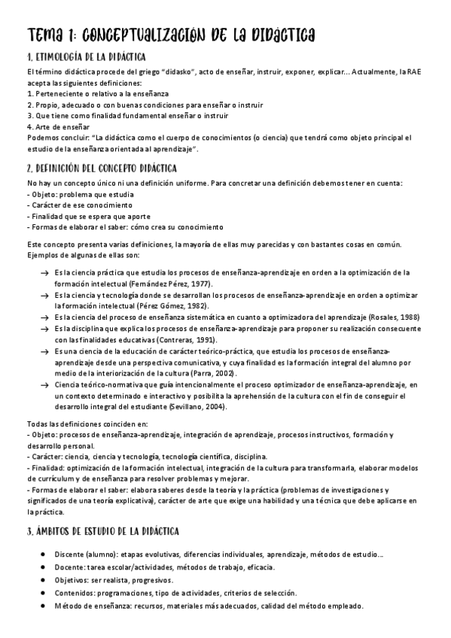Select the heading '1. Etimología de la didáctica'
point(87,56)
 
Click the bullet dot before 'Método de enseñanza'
point(43,606)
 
